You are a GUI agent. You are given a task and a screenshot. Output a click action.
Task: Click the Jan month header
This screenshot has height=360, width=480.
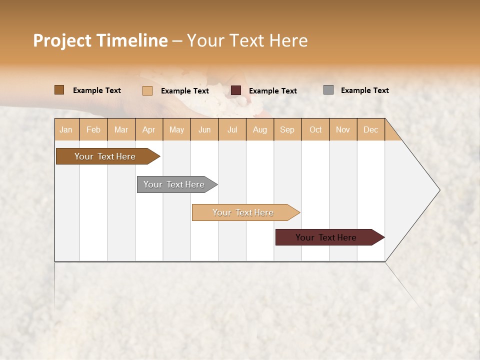pyautogui.click(x=66, y=130)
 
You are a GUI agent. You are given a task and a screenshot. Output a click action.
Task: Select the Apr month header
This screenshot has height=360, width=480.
pyautogui.click(x=148, y=130)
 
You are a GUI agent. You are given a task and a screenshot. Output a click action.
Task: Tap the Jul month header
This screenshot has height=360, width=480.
pyautogui.click(x=232, y=130)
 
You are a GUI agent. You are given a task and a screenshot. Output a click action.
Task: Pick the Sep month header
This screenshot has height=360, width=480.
pyautogui.click(x=287, y=130)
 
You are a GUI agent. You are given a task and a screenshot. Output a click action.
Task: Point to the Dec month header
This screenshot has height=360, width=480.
pyautogui.click(x=370, y=130)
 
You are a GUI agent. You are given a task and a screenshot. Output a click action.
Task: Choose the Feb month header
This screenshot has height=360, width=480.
pyautogui.click(x=93, y=130)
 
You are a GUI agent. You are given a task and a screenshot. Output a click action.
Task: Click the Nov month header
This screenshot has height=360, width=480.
pyautogui.click(x=342, y=130)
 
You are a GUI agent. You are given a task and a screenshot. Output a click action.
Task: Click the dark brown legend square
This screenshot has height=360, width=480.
pyautogui.click(x=59, y=90)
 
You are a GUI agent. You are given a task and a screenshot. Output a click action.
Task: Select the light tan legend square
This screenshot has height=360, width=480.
pyautogui.click(x=147, y=90)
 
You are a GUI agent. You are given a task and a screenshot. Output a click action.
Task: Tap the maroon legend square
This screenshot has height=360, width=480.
pyautogui.click(x=236, y=90)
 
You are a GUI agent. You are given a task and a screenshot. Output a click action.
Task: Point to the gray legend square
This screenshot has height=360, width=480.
pyautogui.click(x=328, y=90)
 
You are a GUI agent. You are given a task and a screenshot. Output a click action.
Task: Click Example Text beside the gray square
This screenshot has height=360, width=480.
pyautogui.click(x=364, y=90)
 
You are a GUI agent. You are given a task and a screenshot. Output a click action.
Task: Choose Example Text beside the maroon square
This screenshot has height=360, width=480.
pyautogui.click(x=272, y=91)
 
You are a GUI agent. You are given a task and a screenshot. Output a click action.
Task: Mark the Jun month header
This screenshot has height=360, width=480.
pyautogui.click(x=204, y=130)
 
